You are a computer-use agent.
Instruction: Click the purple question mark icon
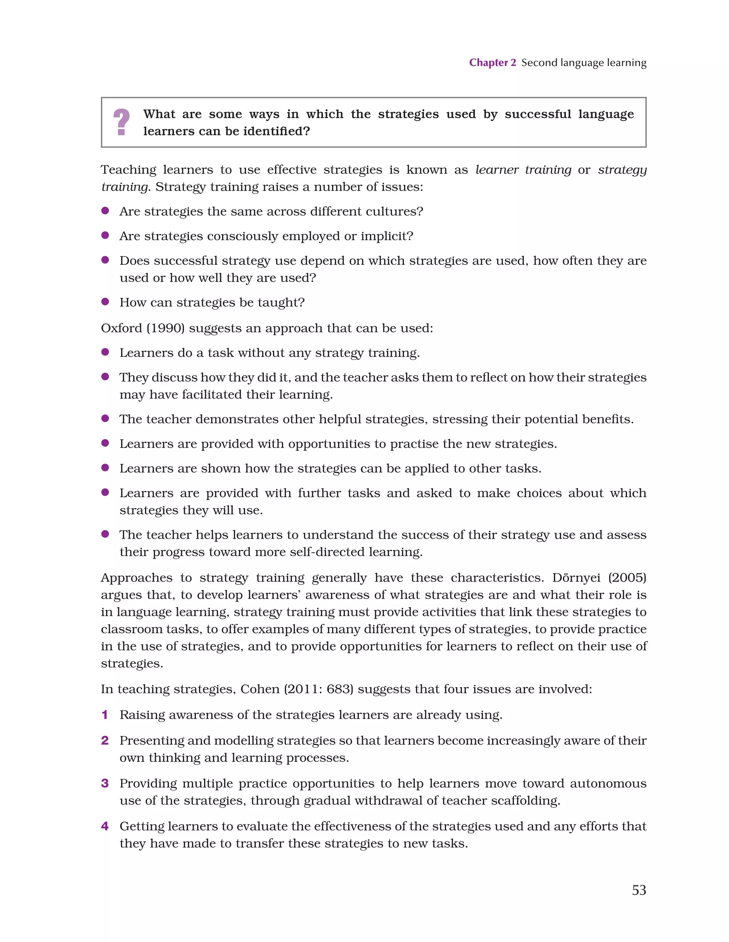click(x=121, y=122)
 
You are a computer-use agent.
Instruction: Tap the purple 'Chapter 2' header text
click(x=492, y=63)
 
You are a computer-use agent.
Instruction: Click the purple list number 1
click(x=104, y=715)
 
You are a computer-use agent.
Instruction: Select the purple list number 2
click(x=105, y=740)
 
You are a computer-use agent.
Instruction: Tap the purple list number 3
click(x=105, y=783)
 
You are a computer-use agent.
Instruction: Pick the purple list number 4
click(x=105, y=826)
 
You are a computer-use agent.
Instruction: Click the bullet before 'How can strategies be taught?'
click(x=105, y=302)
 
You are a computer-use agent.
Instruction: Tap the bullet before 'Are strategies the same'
click(x=105, y=210)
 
